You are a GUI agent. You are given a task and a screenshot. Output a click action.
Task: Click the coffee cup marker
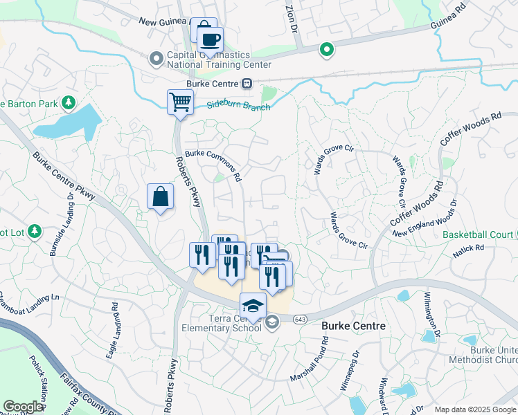click(x=210, y=39)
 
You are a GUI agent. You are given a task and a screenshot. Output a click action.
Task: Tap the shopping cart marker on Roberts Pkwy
click(x=180, y=103)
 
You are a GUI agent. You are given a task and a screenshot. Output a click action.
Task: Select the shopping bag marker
click(x=161, y=197)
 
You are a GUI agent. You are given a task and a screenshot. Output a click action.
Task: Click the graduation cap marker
click(x=253, y=306)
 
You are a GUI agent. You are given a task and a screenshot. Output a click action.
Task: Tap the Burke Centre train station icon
click(x=246, y=84)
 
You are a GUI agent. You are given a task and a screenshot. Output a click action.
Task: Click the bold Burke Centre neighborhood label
click(x=350, y=325)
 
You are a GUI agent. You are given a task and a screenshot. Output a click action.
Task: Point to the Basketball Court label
click(x=478, y=234)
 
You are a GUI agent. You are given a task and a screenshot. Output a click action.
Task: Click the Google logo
click(x=23, y=406)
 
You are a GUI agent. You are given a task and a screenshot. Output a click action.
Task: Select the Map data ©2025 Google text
click(x=475, y=409)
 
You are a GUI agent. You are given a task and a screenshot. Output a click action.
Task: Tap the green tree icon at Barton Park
click(x=68, y=104)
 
